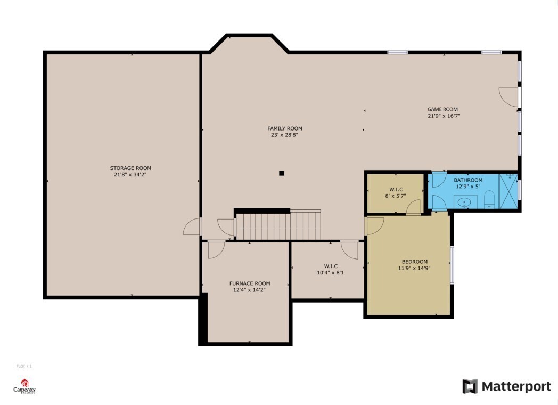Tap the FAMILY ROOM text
click(284, 128)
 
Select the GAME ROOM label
click(442, 109)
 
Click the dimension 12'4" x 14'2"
click(249, 290)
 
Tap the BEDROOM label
click(414, 262)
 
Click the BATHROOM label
click(468, 180)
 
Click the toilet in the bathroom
click(489, 201)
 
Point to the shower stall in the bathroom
click(507, 191)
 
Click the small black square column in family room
click(282, 173)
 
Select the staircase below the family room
click(278, 226)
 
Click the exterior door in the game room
click(510, 96)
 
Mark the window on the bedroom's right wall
click(452, 265)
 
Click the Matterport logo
click(506, 386)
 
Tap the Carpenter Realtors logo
click(24, 387)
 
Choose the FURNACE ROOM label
click(249, 283)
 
